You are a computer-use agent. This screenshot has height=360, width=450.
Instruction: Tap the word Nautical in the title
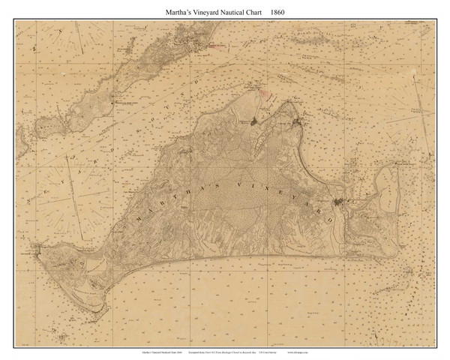233,12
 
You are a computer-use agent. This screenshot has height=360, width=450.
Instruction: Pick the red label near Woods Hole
217,46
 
